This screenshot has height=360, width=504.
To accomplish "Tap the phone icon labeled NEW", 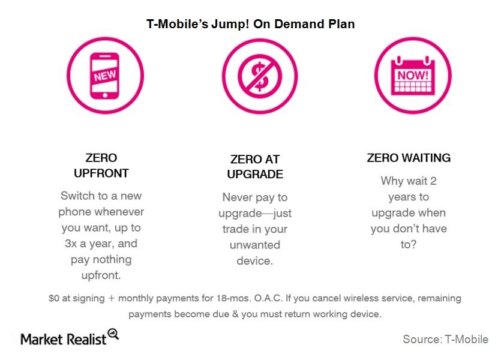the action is point(105,76).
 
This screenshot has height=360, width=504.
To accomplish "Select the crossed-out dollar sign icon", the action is point(260,77).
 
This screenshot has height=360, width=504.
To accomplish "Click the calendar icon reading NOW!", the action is point(413,76).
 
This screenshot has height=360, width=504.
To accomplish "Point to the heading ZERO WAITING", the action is point(409,158).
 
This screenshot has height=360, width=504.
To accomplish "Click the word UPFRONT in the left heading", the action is point(101,173).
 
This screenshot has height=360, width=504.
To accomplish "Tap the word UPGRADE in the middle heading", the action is point(255,174).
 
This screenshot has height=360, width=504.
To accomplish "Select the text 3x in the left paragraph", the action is point(70,244).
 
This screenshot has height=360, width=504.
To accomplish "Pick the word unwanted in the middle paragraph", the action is point(255,245).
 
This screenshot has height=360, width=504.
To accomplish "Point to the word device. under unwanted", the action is point(255,260).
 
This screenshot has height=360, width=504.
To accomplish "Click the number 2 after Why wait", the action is point(433,181).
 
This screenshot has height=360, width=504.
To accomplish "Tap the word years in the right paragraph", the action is point(401,197).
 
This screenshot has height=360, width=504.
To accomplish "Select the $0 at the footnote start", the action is point(54,298).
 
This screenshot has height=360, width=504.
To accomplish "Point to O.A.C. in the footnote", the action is point(268,298).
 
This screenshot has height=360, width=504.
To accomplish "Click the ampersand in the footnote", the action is point(235,314).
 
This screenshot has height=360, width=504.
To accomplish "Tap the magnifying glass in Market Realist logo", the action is point(113,334).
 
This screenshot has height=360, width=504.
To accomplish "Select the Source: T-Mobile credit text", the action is point(445,340).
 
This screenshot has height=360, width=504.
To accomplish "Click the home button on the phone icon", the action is point(105,95).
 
